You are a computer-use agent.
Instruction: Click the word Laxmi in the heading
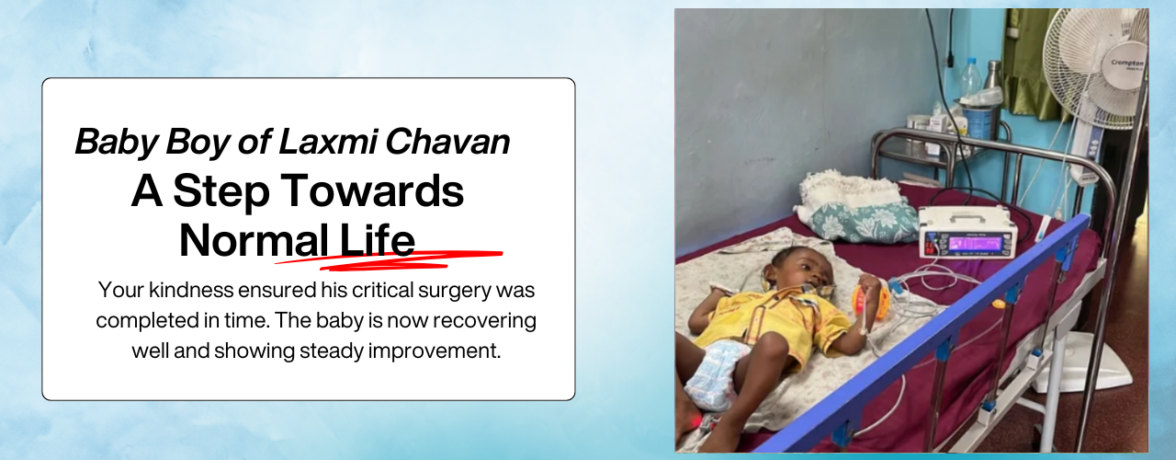tap(327, 142)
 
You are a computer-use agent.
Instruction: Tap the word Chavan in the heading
tap(447, 142)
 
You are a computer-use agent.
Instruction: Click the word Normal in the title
tap(254, 240)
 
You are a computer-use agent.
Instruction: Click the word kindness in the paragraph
tap(191, 290)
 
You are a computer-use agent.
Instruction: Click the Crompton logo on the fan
tap(1126, 64)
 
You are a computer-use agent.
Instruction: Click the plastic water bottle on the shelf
tap(971, 79)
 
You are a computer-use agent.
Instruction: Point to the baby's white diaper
tap(717, 374)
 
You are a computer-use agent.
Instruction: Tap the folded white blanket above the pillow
tap(848, 190)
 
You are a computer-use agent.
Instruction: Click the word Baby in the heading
tap(117, 142)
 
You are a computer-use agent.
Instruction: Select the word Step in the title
tap(221, 192)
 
